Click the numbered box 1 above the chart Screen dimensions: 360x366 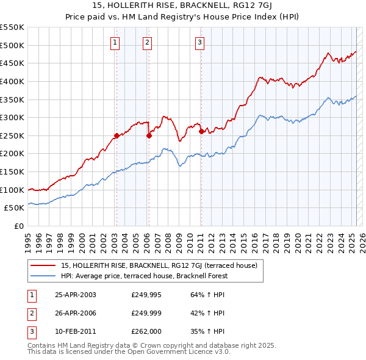tap(115, 42)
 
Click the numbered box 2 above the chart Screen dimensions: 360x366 tap(148, 42)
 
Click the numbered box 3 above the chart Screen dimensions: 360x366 tap(199, 42)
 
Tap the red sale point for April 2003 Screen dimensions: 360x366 tap(117, 135)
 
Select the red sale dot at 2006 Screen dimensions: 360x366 tap(149, 136)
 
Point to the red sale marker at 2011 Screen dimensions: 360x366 tap(201, 131)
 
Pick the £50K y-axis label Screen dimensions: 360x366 tap(15, 208)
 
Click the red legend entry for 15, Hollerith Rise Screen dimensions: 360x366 tap(160, 265)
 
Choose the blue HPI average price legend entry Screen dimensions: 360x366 tap(144, 276)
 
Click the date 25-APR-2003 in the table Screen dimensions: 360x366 tap(76, 295)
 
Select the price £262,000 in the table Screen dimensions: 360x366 tap(145, 333)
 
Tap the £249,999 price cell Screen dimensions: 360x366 tap(145, 314)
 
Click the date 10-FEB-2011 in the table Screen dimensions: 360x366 tap(76, 333)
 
